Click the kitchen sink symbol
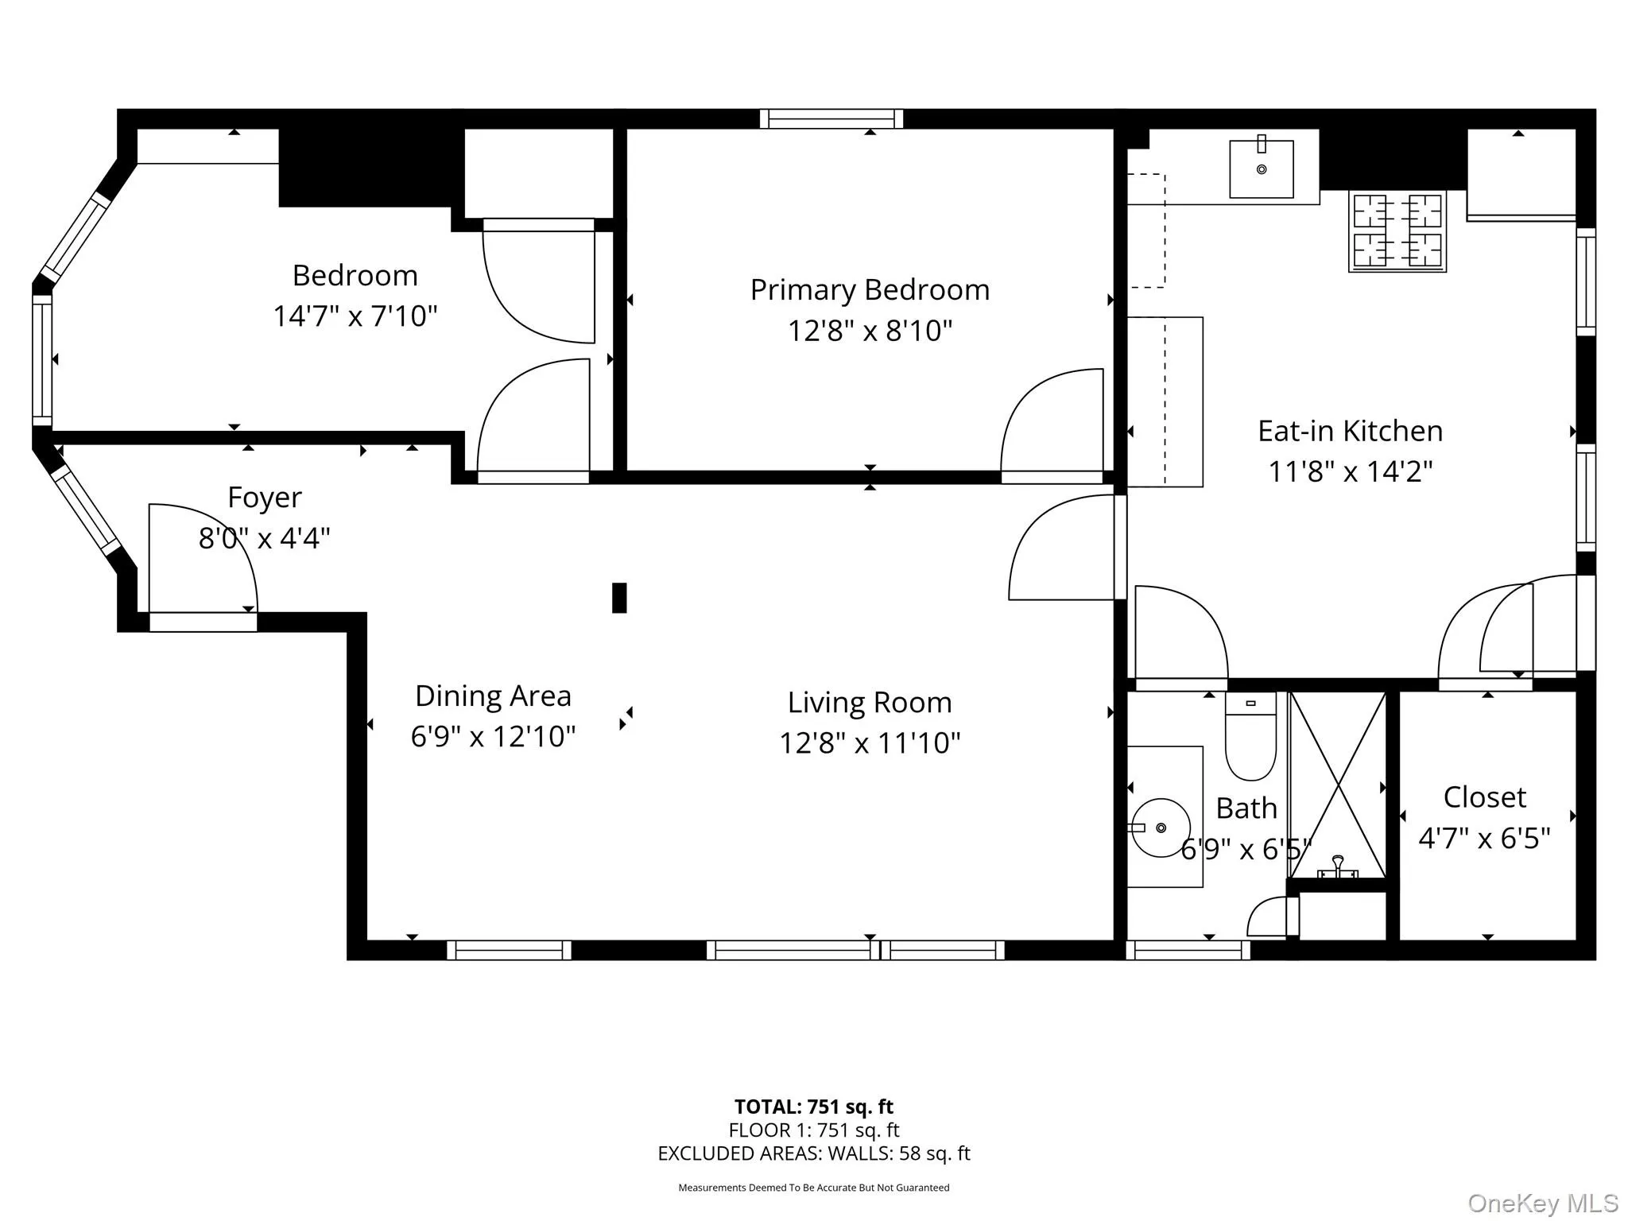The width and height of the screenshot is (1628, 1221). click(x=1261, y=169)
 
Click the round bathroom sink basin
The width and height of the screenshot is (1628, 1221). click(x=1161, y=828)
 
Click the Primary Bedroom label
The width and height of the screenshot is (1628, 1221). click(x=870, y=290)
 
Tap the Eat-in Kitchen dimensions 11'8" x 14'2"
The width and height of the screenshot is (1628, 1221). click(x=1350, y=471)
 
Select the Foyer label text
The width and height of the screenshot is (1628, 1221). click(x=264, y=498)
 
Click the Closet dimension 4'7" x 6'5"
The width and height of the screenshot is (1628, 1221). click(x=1484, y=838)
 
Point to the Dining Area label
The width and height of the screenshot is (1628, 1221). click(x=493, y=696)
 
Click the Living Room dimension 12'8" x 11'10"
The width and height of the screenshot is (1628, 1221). click(x=870, y=743)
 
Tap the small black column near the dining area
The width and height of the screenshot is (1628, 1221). click(x=619, y=598)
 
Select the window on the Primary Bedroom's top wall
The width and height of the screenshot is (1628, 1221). click(x=831, y=119)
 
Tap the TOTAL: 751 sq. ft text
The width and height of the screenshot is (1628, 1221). click(x=813, y=1107)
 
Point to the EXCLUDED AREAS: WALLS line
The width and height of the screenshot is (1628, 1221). click(x=813, y=1153)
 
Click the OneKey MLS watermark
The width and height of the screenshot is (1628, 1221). click(x=1542, y=1204)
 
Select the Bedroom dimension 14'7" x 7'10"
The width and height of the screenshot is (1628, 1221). click(x=355, y=316)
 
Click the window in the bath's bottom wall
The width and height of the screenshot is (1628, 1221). click(x=1188, y=950)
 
